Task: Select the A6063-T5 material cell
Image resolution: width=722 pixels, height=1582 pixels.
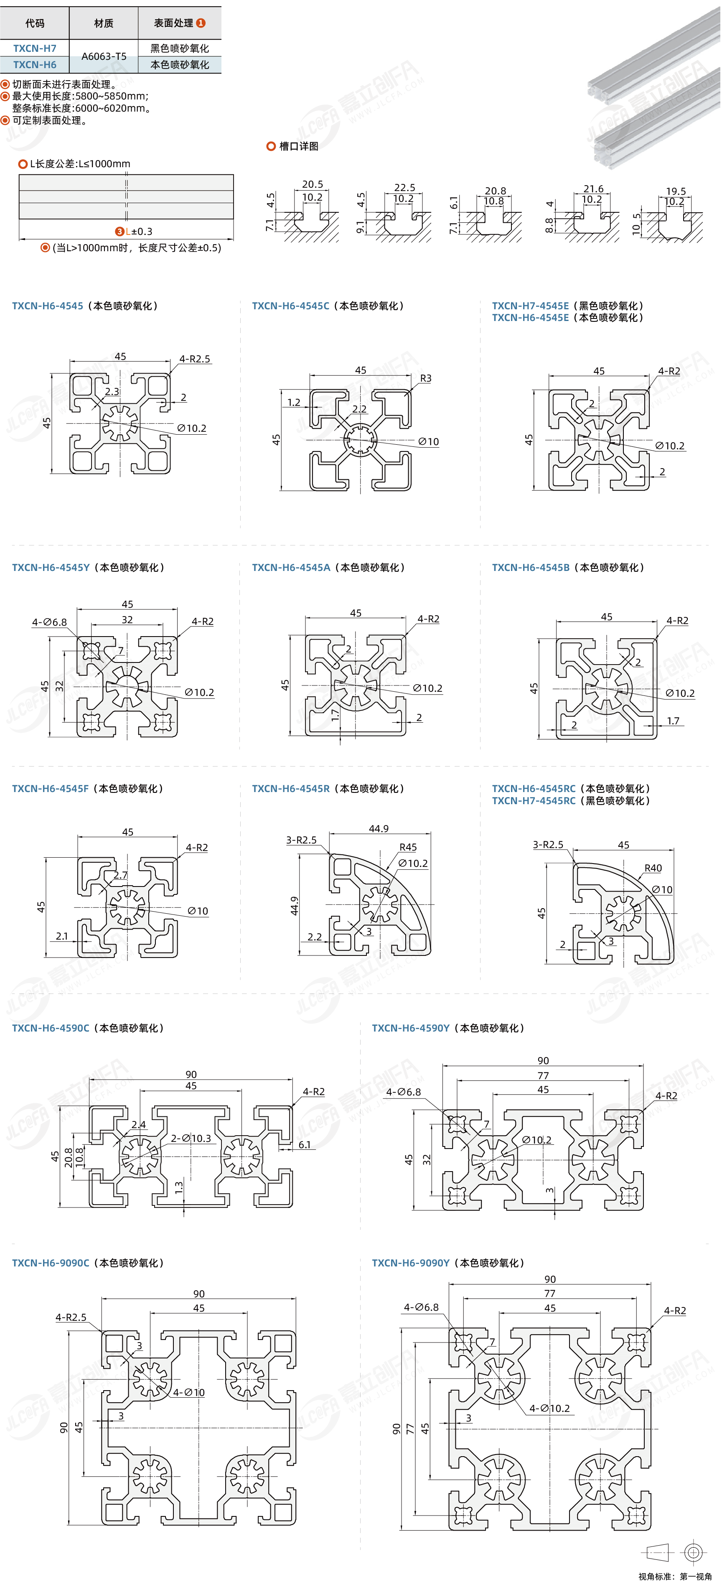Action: [x=104, y=56]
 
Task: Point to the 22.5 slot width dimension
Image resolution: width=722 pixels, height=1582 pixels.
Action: [x=404, y=187]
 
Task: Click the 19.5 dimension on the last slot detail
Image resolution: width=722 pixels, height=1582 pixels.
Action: [x=676, y=191]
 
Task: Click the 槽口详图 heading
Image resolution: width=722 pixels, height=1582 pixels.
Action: [x=298, y=146]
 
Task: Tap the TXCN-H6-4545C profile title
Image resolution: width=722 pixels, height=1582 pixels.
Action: [x=290, y=306]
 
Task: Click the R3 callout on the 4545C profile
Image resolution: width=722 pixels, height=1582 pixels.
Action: [x=425, y=378]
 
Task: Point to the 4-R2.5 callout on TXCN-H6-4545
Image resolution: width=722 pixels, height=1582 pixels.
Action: [x=195, y=359]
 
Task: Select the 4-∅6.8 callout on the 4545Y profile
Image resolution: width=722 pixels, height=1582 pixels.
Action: [x=49, y=622]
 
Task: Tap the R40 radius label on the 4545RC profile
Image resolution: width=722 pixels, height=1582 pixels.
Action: [x=653, y=868]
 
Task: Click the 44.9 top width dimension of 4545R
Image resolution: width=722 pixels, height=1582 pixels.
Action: [x=379, y=828]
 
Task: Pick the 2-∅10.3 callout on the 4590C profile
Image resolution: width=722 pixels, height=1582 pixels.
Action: [x=191, y=1138]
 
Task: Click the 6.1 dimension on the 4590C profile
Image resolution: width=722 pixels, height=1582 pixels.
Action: [x=305, y=1145]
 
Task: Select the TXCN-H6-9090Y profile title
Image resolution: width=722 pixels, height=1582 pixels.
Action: [x=411, y=1263]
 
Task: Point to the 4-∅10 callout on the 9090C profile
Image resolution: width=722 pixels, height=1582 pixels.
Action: [x=189, y=1392]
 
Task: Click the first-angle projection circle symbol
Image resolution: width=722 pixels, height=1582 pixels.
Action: [x=694, y=1552]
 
